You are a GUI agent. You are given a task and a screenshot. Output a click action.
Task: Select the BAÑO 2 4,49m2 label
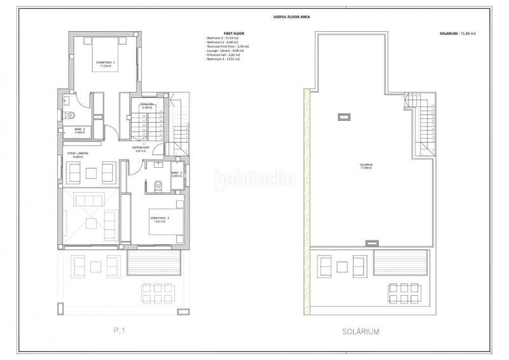click(80, 131)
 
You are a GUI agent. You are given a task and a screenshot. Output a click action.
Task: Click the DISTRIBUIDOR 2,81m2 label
click(141, 149)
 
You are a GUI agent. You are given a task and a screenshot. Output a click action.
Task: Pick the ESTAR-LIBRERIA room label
click(82, 155)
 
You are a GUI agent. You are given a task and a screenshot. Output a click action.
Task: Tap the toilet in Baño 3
click(158, 186)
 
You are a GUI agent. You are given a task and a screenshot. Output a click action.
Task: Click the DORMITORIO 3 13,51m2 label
click(159, 220)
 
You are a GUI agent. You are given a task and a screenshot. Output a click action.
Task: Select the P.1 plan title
click(123, 331)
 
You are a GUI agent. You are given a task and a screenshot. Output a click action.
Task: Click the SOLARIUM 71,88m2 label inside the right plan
click(366, 167)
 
